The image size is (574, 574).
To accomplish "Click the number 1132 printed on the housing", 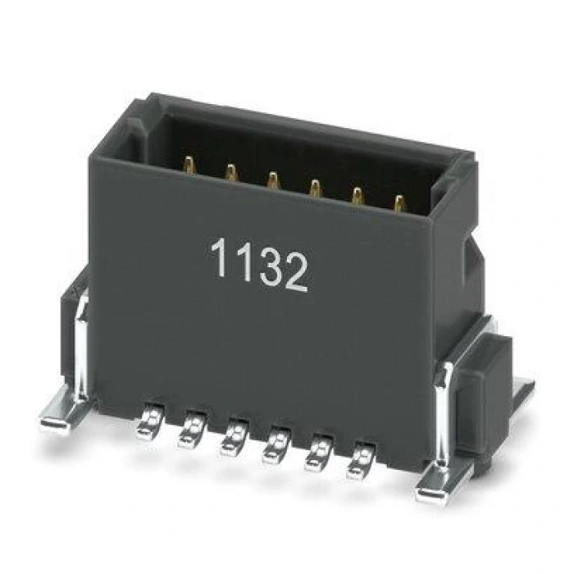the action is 259,264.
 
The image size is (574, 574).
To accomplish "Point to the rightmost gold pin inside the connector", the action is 399,203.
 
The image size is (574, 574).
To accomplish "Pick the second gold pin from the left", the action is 231,172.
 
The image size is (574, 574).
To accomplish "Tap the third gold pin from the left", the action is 272,180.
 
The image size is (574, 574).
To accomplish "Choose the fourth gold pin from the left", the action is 315,188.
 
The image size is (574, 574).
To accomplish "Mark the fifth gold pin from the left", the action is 358,195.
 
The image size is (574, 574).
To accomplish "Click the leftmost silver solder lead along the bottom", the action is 149,421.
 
